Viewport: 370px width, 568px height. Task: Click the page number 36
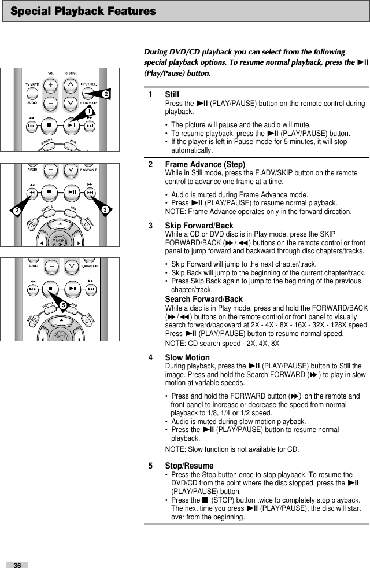pos(17,564)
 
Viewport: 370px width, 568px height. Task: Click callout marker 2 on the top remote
pos(106,93)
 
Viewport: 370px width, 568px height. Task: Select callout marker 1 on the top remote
pos(89,110)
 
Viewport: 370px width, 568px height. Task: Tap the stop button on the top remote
pos(51,124)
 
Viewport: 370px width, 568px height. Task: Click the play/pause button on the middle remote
pos(72,192)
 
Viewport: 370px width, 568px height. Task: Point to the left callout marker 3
pos(18,208)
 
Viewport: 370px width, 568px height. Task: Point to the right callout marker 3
pos(105,208)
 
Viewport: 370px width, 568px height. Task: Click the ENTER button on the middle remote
pos(60,241)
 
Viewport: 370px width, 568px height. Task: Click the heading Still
pos(172,94)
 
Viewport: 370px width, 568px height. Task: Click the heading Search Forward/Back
pos(203,299)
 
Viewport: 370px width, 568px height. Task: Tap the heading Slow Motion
pos(187,358)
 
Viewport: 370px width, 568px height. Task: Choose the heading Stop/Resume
pos(189,466)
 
